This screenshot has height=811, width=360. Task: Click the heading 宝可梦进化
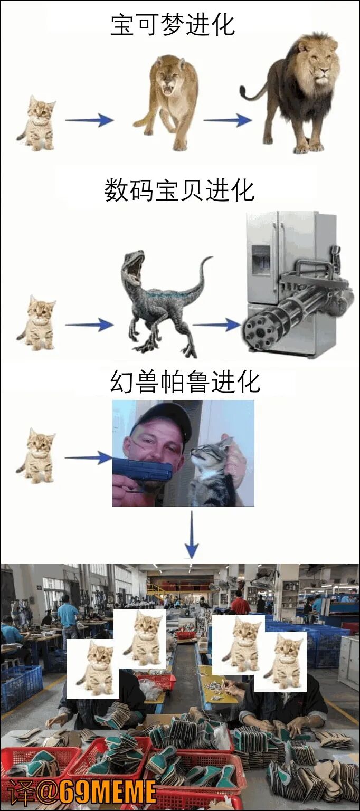pyautogui.click(x=173, y=25)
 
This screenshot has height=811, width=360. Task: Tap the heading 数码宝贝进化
pyautogui.click(x=179, y=190)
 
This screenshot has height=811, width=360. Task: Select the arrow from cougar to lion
pyautogui.click(x=228, y=119)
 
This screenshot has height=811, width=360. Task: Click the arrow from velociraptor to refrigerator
pyautogui.click(x=216, y=325)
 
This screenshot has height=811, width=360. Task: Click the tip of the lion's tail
pyautogui.click(x=242, y=88)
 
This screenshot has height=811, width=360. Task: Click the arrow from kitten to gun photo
pyautogui.click(x=89, y=457)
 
